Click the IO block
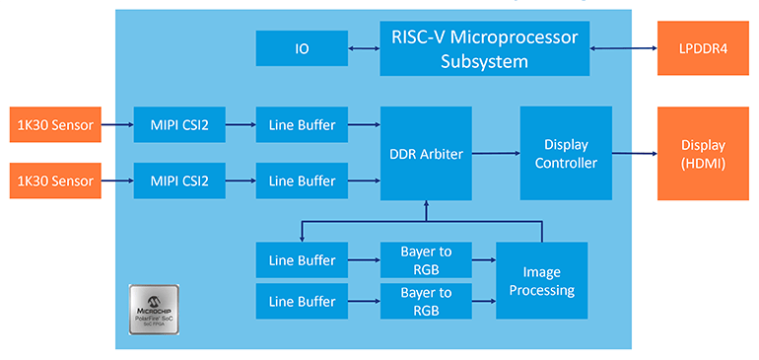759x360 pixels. click(x=302, y=47)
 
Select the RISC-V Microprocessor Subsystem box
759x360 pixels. click(x=485, y=47)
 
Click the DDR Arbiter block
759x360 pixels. click(x=426, y=153)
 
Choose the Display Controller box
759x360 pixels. click(x=566, y=153)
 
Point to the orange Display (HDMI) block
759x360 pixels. click(x=703, y=153)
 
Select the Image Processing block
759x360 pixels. click(x=541, y=280)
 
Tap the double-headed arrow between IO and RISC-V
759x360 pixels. click(x=364, y=47)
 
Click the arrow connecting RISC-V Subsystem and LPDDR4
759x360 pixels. click(x=624, y=47)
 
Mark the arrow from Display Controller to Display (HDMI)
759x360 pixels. click(x=635, y=153)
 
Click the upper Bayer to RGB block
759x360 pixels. click(x=426, y=260)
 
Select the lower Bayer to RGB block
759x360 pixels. click(x=426, y=300)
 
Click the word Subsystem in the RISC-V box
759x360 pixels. click(x=485, y=61)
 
